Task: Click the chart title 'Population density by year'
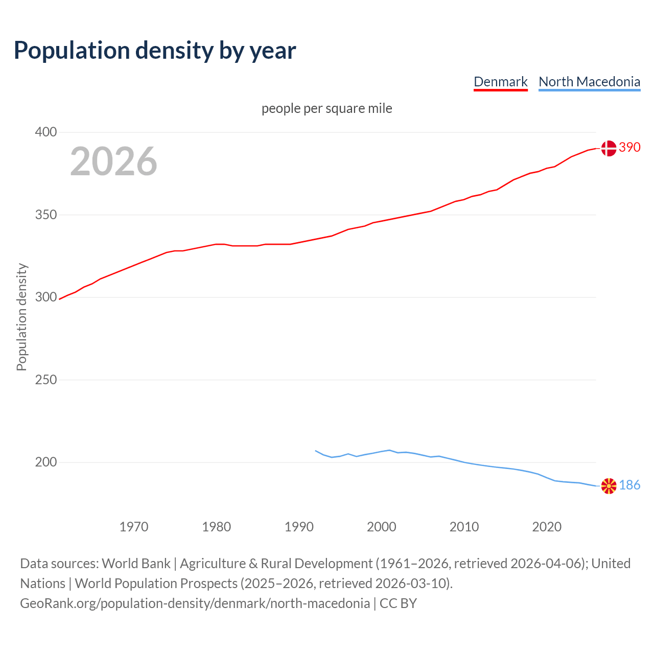pyautogui.click(x=155, y=51)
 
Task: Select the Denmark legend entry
pyautogui.click(x=500, y=82)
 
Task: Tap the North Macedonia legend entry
pyautogui.click(x=589, y=82)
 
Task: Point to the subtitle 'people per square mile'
pyautogui.click(x=326, y=109)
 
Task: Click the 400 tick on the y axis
pyautogui.click(x=46, y=132)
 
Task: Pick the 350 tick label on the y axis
pyautogui.click(x=46, y=215)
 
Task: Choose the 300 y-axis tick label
pyautogui.click(x=46, y=297)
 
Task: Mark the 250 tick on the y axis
pyautogui.click(x=46, y=380)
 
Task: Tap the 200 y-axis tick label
pyautogui.click(x=46, y=462)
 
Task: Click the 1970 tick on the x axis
pyautogui.click(x=134, y=527)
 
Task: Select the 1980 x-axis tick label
pyautogui.click(x=217, y=527)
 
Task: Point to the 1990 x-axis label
pyautogui.click(x=299, y=527)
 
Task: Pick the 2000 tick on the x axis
pyautogui.click(x=382, y=527)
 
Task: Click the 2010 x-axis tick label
pyautogui.click(x=464, y=527)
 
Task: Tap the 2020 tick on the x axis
pyautogui.click(x=547, y=527)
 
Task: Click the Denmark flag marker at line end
pyautogui.click(x=609, y=148)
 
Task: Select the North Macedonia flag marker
pyautogui.click(x=609, y=486)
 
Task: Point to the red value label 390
pyautogui.click(x=629, y=148)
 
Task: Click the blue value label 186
pyautogui.click(x=629, y=485)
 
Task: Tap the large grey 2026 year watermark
pyautogui.click(x=113, y=161)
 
